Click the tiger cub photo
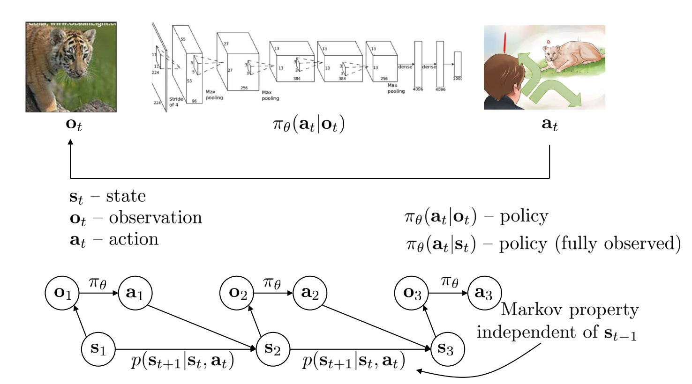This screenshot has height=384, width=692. pyautogui.click(x=71, y=66)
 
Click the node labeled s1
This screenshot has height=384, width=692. pyautogui.click(x=98, y=349)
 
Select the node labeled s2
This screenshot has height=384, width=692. pyautogui.click(x=273, y=349)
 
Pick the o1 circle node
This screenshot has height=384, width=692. pyautogui.click(x=62, y=293)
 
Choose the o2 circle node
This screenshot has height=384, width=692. pyautogui.click(x=237, y=293)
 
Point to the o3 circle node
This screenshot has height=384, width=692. pyautogui.click(x=412, y=293)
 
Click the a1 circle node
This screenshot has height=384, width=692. pyautogui.click(x=135, y=293)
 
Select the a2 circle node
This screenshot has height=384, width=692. pyautogui.click(x=310, y=293)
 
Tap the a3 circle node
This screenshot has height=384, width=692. pyautogui.click(x=484, y=293)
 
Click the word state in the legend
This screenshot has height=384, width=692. pyautogui.click(x=126, y=196)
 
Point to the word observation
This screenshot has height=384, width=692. pyautogui.click(x=155, y=218)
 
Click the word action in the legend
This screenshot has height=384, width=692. pyautogui.click(x=134, y=239)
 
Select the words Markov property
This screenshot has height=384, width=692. pyautogui.click(x=570, y=310)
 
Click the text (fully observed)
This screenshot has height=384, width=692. pyautogui.click(x=618, y=244)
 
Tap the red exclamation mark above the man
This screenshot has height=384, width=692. pyautogui.click(x=505, y=43)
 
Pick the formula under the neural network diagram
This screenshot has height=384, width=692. pyautogui.click(x=308, y=125)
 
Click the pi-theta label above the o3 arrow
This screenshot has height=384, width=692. pyautogui.click(x=450, y=281)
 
